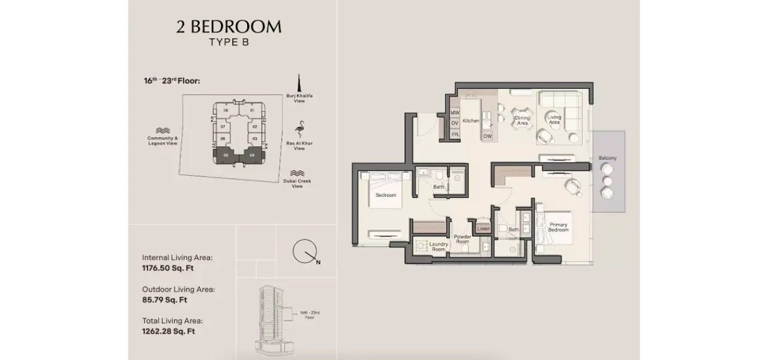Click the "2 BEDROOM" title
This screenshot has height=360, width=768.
pos(229,27)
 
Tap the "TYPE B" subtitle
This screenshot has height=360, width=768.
pos(229,42)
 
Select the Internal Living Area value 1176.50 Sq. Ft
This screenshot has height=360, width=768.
pos(168,268)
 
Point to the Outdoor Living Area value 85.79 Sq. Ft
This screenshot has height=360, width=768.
pos(165,299)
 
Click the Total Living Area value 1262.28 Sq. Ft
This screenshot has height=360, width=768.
pos(169,331)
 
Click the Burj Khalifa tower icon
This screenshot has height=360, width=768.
pos(299,83)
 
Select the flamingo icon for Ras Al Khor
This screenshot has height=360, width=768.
pos(299,130)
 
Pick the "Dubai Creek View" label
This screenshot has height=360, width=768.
pos(297,183)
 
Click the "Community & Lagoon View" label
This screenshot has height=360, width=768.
pos(163,141)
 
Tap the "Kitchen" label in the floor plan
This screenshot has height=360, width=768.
pos(471,121)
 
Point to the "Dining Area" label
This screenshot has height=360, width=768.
pos(523,121)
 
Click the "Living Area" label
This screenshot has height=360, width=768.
pos(554,120)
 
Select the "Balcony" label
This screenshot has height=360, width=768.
pos(607,158)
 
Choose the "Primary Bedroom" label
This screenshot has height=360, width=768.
pos(558,227)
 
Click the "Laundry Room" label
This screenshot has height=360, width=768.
pos(439,246)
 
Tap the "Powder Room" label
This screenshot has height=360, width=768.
pos(463,239)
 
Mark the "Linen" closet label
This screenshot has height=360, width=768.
pos(483,229)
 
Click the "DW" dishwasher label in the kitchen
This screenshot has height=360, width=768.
pos(487,136)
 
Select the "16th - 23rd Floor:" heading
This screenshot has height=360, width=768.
pos(172,80)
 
